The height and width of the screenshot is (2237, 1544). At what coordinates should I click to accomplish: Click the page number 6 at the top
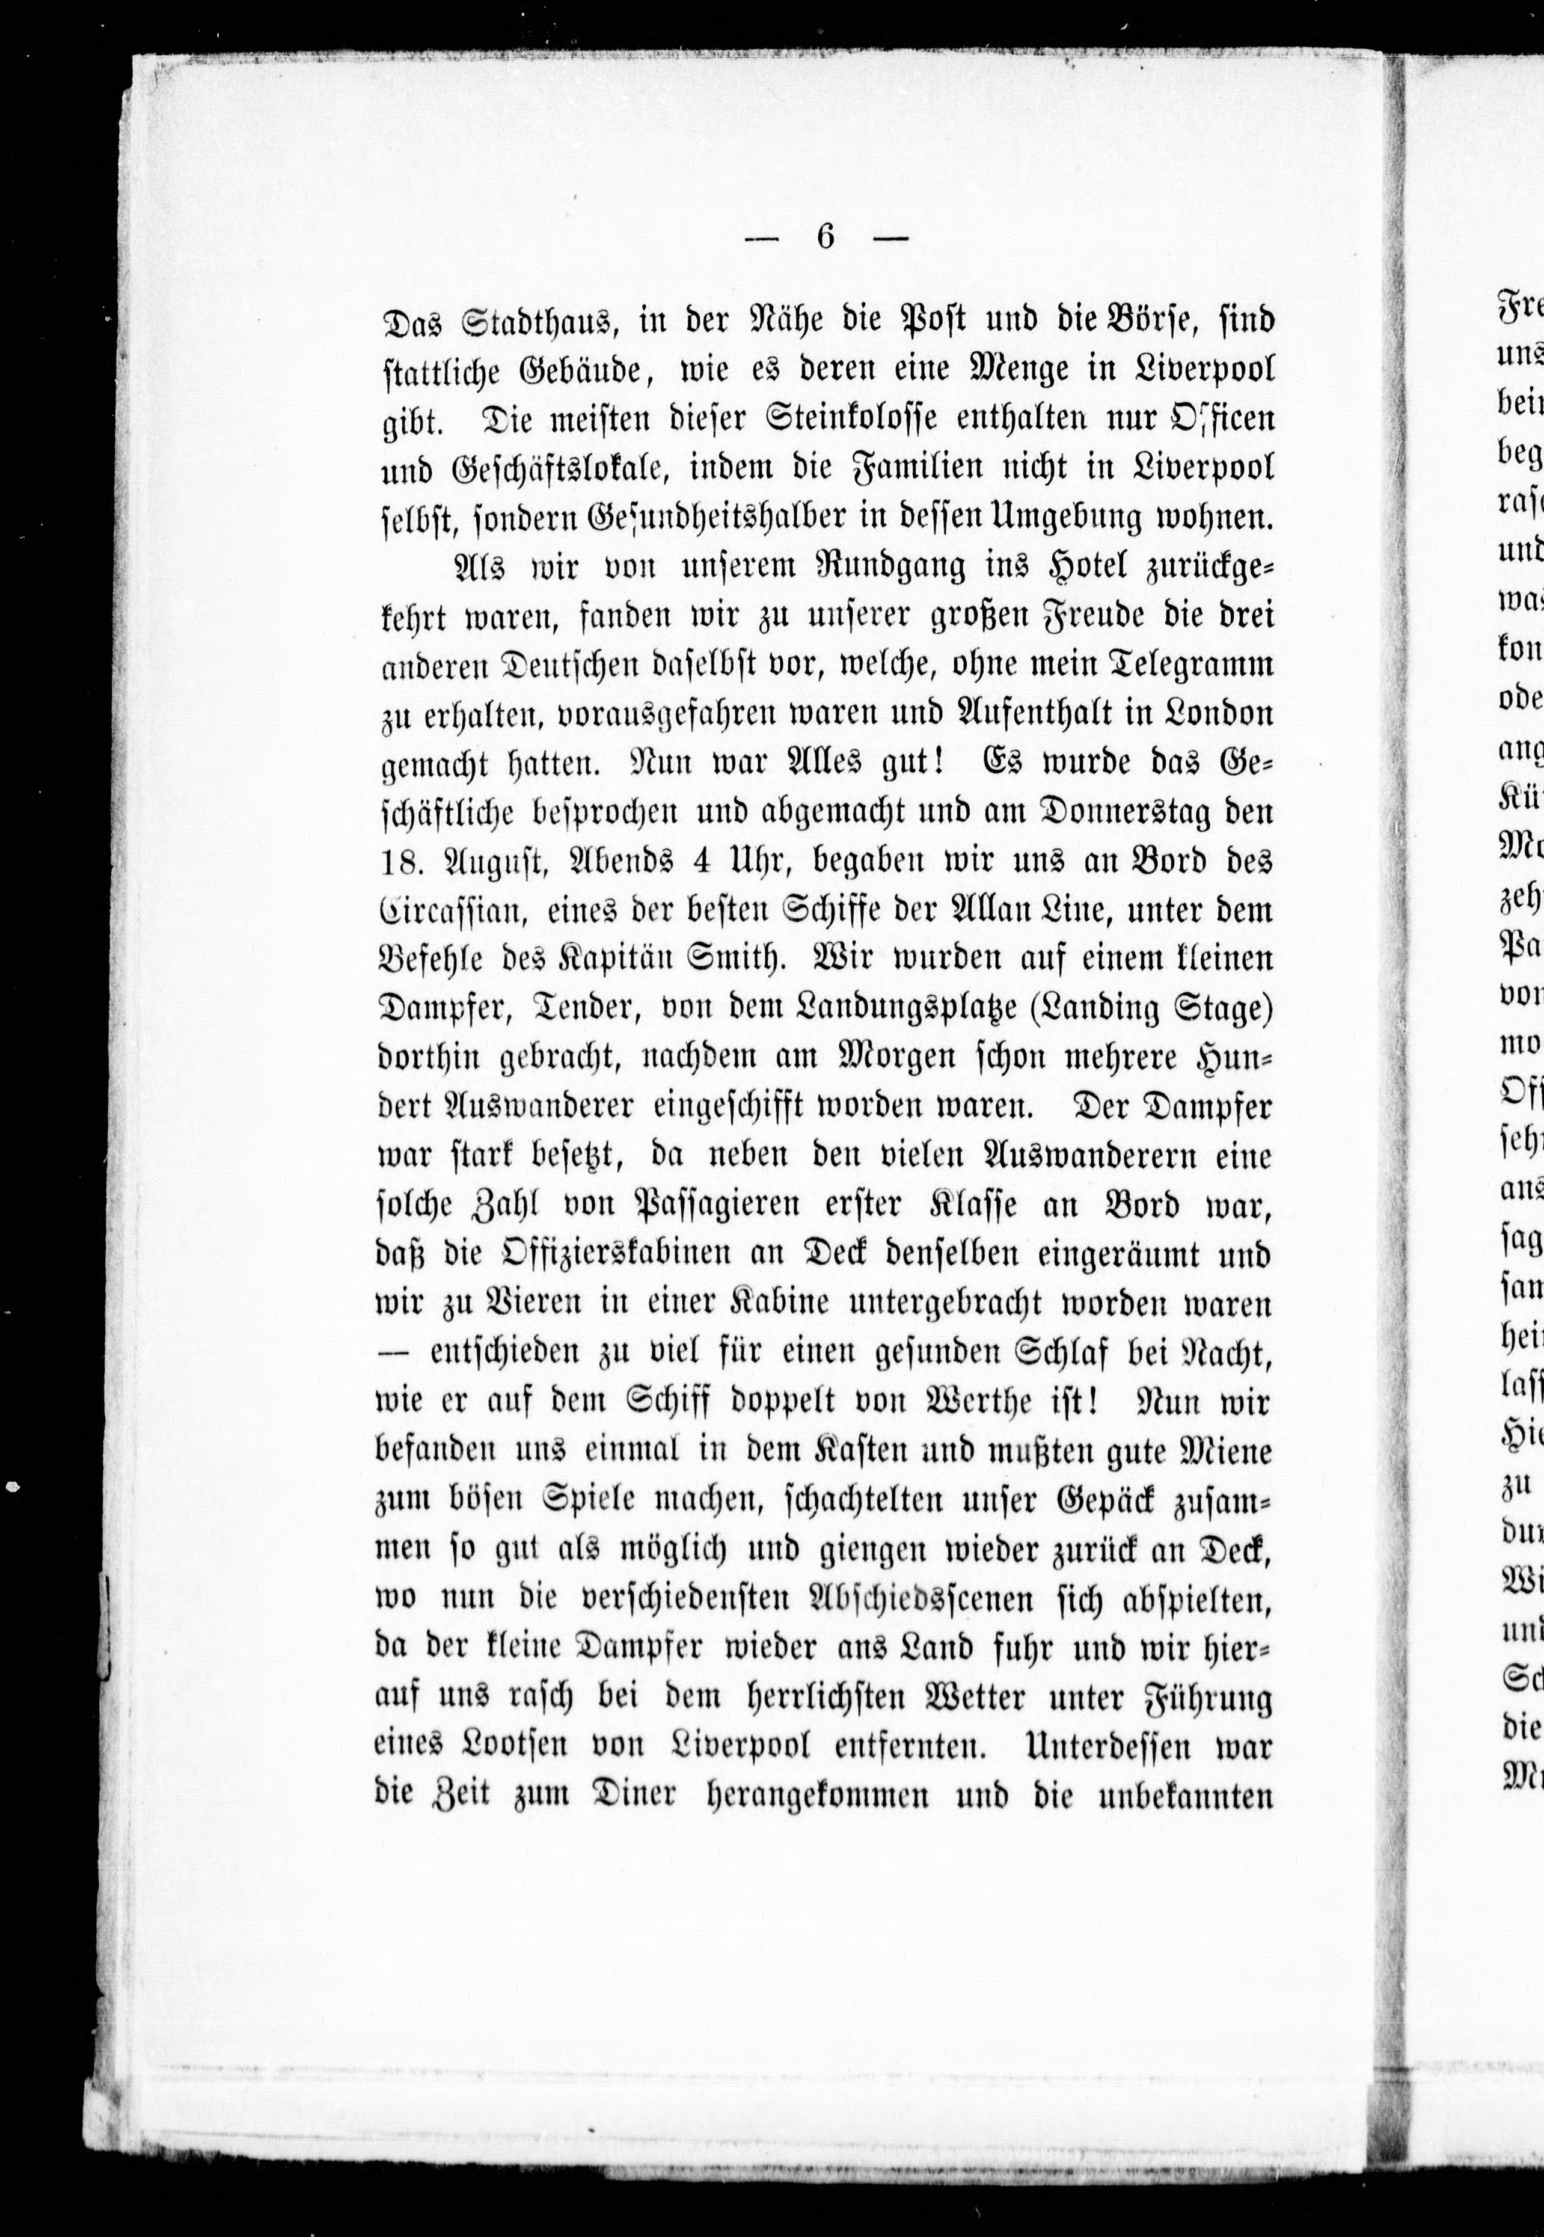pos(824,237)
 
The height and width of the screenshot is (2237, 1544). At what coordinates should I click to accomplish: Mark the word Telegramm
pos(1180,666)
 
